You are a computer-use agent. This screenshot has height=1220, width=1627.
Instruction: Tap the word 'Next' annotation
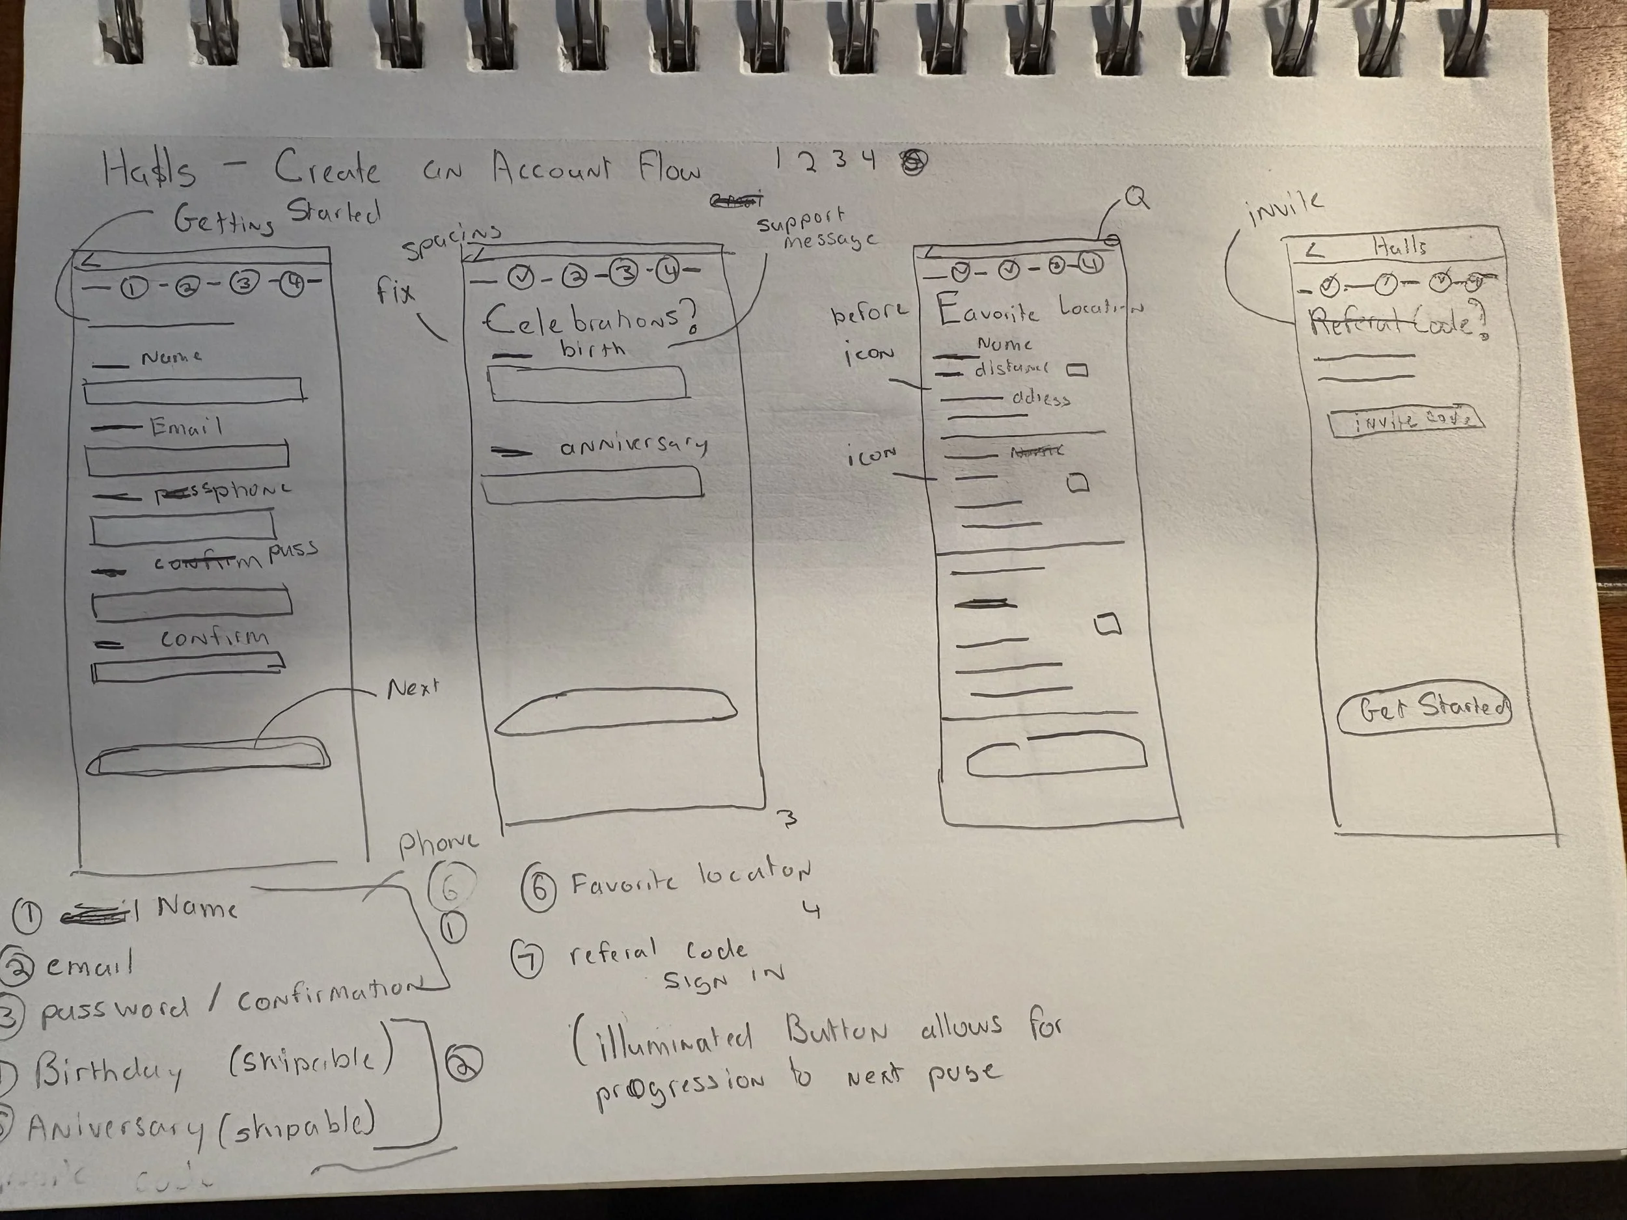pyautogui.click(x=413, y=688)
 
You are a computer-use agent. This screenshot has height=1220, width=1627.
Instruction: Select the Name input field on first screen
pyautogui.click(x=194, y=390)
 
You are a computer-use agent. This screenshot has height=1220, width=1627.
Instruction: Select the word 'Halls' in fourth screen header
pyautogui.click(x=1400, y=247)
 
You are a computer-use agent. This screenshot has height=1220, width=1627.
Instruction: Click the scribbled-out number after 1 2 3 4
pyautogui.click(x=914, y=161)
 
